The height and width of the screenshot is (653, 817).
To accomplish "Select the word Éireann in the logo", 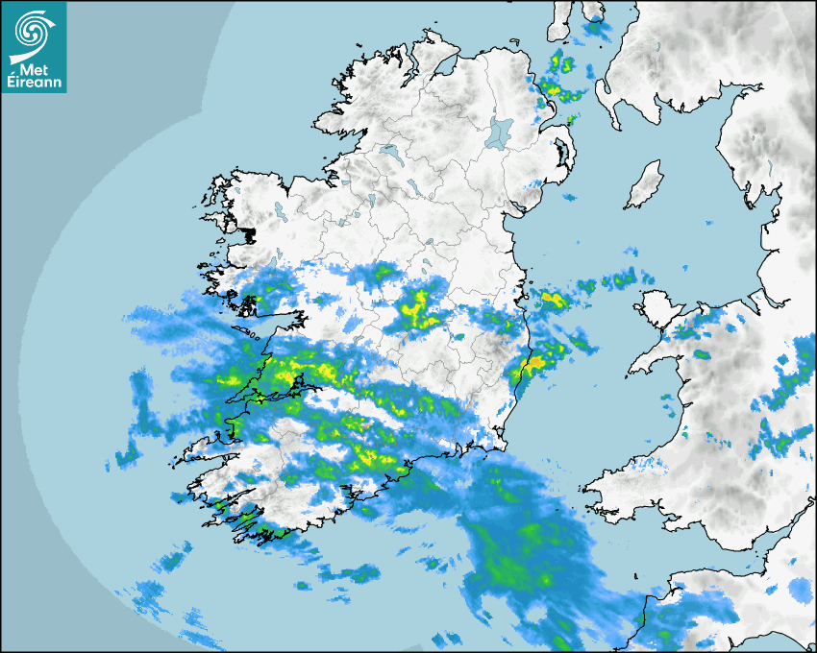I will pyautogui.click(x=34, y=84).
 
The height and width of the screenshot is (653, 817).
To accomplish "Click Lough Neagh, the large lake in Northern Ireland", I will pyautogui.click(x=500, y=131).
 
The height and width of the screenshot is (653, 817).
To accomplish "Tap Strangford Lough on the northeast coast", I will pyautogui.click(x=560, y=154).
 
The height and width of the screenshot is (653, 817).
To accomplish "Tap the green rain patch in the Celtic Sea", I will pyautogui.click(x=509, y=567).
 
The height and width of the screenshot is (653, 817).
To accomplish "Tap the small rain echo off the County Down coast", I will pyautogui.click(x=569, y=198).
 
